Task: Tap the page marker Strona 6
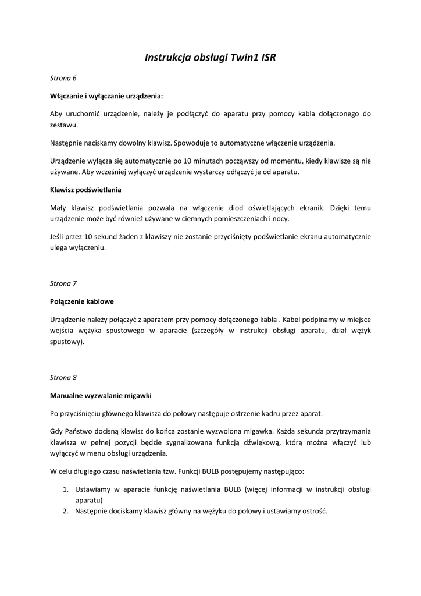point(63,78)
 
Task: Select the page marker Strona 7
point(63,283)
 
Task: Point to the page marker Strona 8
point(63,377)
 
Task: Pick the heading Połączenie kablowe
point(82,301)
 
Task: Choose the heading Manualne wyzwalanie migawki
point(101,395)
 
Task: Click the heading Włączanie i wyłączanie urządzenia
point(106,95)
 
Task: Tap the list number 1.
point(66,489)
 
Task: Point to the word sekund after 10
point(105,236)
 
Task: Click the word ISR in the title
point(269,58)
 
